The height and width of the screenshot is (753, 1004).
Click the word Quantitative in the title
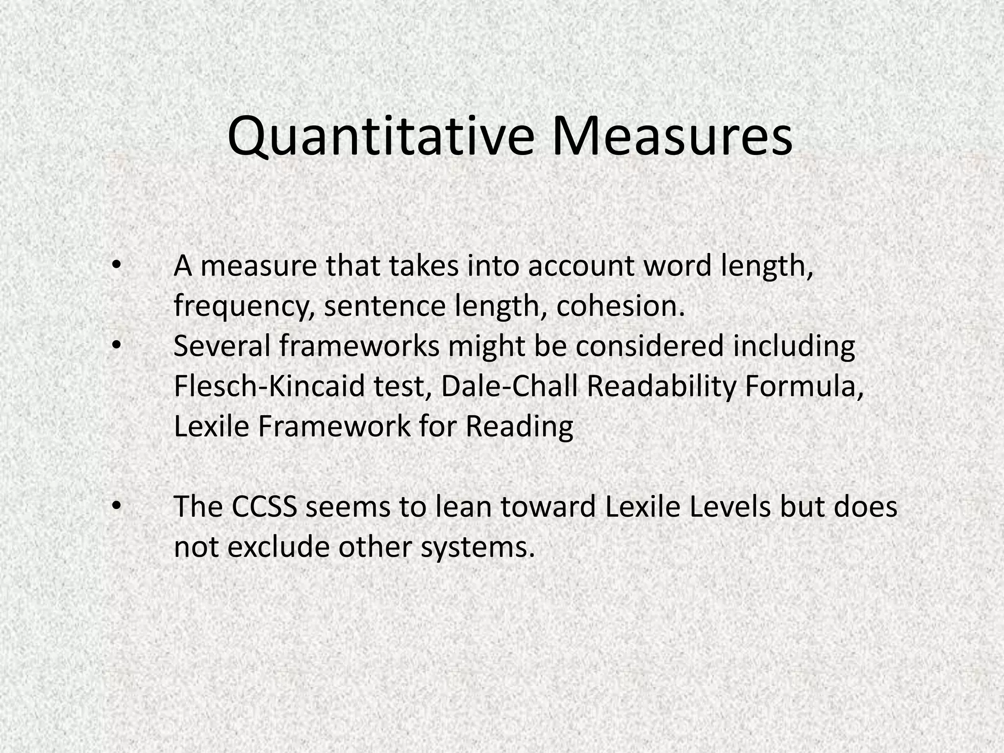[380, 136]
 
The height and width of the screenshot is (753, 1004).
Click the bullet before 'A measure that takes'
[116, 265]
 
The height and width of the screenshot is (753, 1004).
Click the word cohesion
[620, 306]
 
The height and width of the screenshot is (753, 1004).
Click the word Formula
[804, 386]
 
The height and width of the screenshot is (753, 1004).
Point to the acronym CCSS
[264, 507]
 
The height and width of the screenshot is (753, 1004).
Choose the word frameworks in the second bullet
[359, 346]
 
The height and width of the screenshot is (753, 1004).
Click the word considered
[650, 346]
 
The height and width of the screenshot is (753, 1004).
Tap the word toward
[548, 507]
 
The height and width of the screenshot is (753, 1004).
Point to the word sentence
[385, 306]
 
